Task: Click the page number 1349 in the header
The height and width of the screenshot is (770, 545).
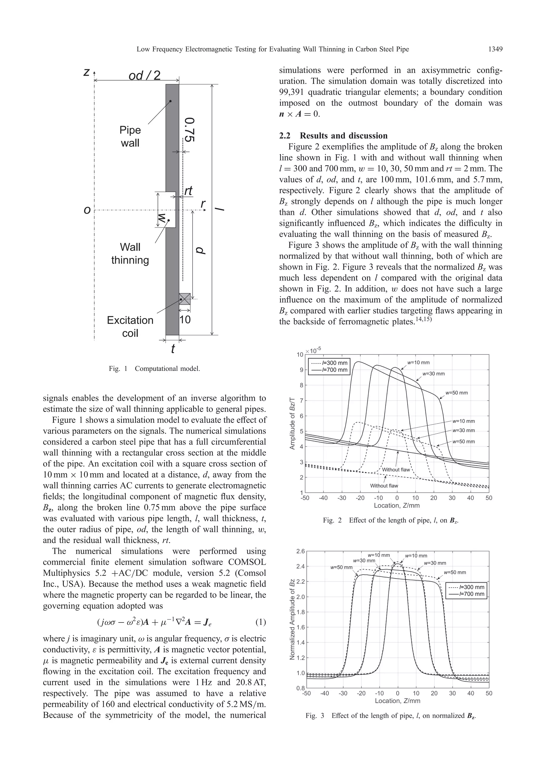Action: coord(495,50)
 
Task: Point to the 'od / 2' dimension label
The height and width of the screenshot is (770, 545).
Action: coord(144,76)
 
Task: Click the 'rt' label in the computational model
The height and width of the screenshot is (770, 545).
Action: coord(188,191)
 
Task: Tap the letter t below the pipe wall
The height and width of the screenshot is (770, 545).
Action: coord(173,349)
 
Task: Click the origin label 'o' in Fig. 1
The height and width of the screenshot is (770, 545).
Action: coord(87,210)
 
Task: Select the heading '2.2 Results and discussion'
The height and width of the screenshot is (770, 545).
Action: coord(333,136)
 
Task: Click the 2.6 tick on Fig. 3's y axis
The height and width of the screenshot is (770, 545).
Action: coord(300,551)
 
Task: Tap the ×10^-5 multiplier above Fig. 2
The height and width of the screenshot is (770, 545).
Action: coord(313,351)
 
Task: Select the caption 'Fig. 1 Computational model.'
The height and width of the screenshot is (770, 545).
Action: coord(154,369)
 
